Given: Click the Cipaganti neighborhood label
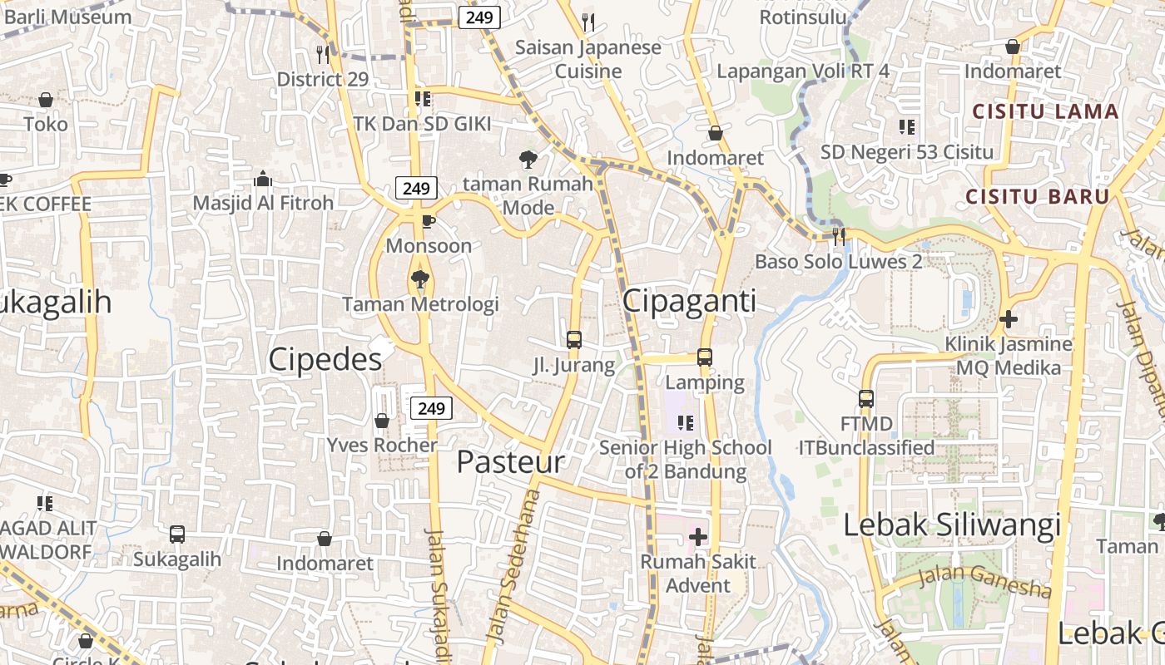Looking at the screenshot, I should coord(689,301).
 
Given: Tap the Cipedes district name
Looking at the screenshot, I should coord(325,359).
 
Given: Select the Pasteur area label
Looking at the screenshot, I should coord(510,462).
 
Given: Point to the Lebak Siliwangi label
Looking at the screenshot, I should coord(952,525).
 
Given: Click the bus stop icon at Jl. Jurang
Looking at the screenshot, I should coord(574,339).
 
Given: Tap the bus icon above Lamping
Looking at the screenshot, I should coord(705,357).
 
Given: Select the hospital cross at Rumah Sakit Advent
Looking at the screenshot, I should coord(698,537).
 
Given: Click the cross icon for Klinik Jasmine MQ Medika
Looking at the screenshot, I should coord(1009,318).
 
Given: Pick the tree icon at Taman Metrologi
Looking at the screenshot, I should coord(420,279).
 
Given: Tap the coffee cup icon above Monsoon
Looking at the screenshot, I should coord(428,221).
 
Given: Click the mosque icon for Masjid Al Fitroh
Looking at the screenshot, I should coord(263,179).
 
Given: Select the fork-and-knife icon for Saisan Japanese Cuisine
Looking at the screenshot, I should coord(588,22).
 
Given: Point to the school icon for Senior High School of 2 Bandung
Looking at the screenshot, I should coord(686,423).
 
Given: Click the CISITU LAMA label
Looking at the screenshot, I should coord(1046,111).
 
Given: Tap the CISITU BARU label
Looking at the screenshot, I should coord(1038,197).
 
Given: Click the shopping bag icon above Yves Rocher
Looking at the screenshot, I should coord(382,421).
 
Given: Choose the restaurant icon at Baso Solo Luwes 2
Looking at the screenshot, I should coord(839,236).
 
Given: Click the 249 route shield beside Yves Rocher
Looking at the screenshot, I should coord(431,408).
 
